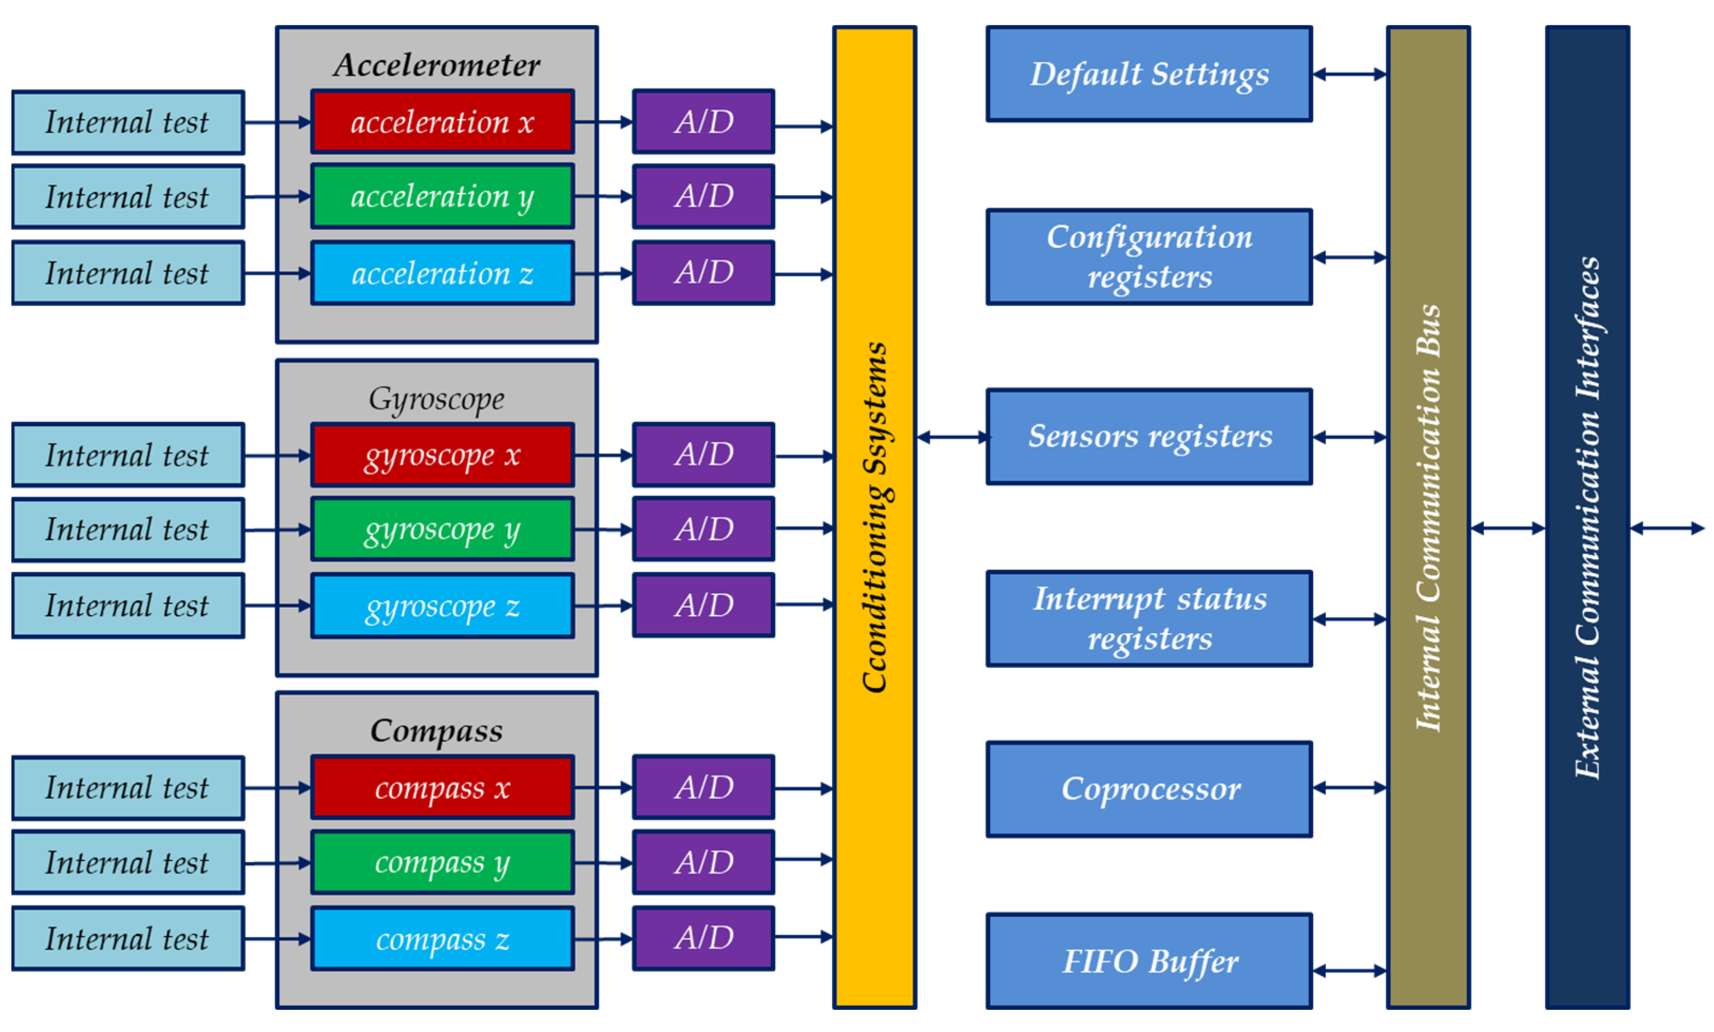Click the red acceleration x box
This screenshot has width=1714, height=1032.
(x=442, y=122)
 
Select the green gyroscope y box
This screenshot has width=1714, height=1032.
(x=442, y=529)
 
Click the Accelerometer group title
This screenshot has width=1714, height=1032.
(x=436, y=65)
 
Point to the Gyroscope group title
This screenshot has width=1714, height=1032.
(x=436, y=398)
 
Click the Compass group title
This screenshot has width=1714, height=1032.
(x=436, y=730)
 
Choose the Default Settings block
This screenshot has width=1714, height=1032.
(x=1149, y=74)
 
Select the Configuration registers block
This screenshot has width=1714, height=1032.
(x=1149, y=257)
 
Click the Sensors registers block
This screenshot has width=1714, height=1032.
(x=1149, y=437)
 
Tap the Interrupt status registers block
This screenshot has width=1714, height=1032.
(x=1149, y=618)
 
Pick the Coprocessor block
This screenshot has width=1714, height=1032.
(x=1149, y=788)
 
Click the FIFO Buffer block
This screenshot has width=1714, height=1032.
(x=1149, y=961)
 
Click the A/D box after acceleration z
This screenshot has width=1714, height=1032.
(x=704, y=272)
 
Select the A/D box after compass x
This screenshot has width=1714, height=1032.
(x=704, y=787)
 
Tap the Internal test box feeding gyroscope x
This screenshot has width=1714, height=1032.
(x=128, y=455)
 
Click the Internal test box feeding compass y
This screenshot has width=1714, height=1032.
(x=128, y=862)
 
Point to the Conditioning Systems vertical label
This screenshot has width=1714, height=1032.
(x=874, y=518)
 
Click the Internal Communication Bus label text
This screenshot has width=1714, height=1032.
(x=1428, y=518)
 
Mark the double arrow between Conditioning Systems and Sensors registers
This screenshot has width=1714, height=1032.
(x=951, y=437)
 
